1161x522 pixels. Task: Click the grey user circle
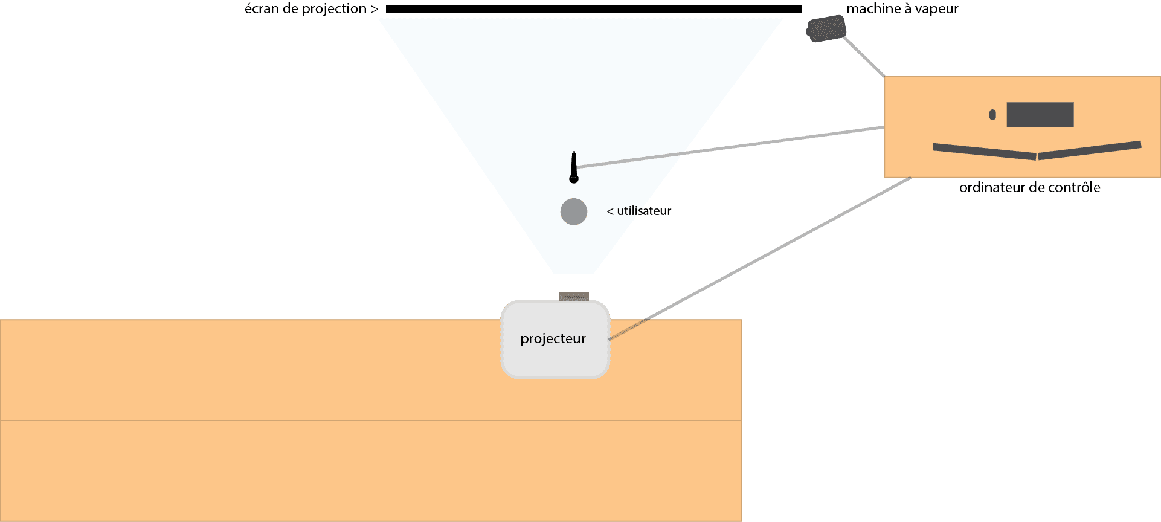573,211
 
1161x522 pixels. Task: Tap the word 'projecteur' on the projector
553,338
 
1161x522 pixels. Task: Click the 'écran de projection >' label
311,9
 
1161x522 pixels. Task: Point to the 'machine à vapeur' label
902,9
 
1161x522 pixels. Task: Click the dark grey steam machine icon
826,29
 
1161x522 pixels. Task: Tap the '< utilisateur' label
639,211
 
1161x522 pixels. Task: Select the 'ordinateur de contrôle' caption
1029,187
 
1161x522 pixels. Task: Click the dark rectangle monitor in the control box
1040,115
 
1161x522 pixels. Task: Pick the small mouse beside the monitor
992,115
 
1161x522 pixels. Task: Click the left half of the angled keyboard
984,151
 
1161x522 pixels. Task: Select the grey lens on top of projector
574,297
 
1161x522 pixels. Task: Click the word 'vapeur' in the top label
936,9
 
